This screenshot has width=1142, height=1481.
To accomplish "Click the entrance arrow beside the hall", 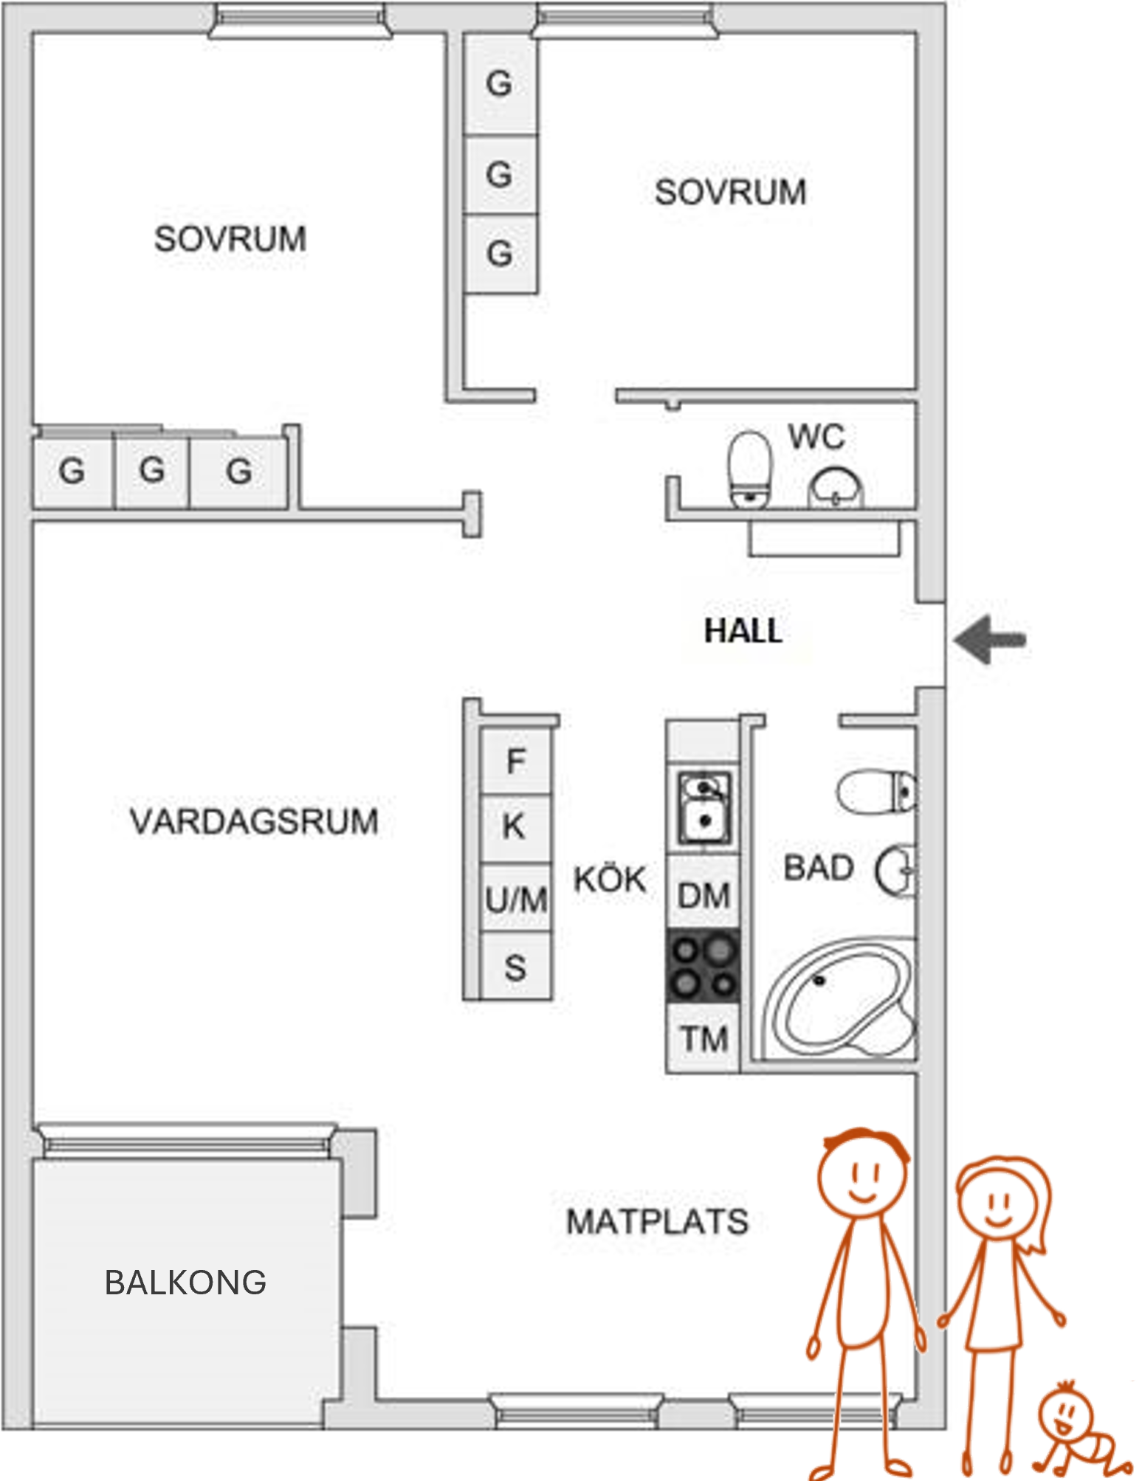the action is point(989,639).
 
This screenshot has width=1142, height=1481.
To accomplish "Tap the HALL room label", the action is point(743,631).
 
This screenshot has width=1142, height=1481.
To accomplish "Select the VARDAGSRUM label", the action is point(254,821).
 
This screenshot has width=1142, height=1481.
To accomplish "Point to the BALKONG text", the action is point(185,1283).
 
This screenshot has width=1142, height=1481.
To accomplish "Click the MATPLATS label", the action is point(657,1221).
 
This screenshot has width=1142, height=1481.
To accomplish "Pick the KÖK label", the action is point(610,878).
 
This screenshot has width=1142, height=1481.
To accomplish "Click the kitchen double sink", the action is point(705,807).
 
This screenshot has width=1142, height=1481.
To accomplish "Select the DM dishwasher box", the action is point(704,893).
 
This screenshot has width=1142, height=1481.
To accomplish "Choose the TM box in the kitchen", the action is point(704,1037).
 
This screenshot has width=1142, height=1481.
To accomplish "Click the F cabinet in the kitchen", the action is point(516,761).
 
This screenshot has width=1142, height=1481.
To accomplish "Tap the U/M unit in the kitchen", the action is point(516,897).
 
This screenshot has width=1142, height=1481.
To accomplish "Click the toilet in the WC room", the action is point(749,469).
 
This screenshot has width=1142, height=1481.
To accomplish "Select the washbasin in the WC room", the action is point(836,487).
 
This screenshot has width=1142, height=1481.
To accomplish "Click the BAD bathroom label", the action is point(818,868).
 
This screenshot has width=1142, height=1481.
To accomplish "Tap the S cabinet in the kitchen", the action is point(516,965).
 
